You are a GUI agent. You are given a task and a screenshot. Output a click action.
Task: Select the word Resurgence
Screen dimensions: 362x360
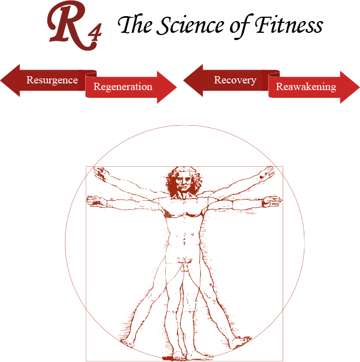[52, 80]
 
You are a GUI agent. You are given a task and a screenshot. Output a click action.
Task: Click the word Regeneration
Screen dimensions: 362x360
[123, 87]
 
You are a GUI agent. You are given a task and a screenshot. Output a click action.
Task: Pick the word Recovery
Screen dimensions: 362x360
[235, 80]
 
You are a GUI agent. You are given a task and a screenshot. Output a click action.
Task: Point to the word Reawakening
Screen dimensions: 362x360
[306, 87]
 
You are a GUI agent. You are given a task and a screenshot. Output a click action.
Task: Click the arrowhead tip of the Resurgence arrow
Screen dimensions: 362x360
[2, 80]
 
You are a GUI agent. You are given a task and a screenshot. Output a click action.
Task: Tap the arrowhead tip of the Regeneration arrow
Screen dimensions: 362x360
[176, 87]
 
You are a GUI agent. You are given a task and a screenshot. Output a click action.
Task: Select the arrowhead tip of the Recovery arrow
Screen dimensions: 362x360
[184, 80]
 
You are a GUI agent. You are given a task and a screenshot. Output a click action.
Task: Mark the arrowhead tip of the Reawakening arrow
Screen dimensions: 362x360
[359, 87]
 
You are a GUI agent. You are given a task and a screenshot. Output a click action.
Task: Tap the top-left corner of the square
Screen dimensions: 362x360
[86, 167]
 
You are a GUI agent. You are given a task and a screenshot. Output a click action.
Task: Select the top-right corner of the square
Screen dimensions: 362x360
[283, 167]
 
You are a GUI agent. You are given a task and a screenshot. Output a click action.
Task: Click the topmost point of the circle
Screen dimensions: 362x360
[185, 125]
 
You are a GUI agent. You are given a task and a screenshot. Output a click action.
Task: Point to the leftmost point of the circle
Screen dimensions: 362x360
[65, 242]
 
